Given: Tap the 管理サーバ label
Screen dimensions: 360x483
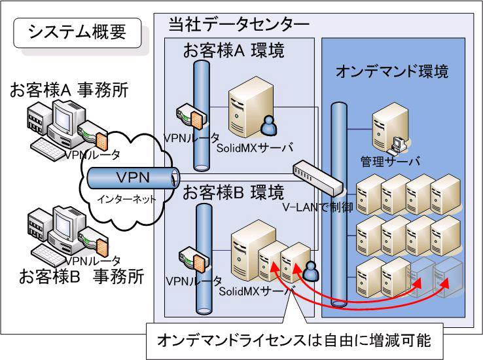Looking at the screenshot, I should coord(390,161).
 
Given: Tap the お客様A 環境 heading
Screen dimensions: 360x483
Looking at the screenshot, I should coord(232,51).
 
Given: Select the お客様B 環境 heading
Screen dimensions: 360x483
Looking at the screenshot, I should coord(233,192).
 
